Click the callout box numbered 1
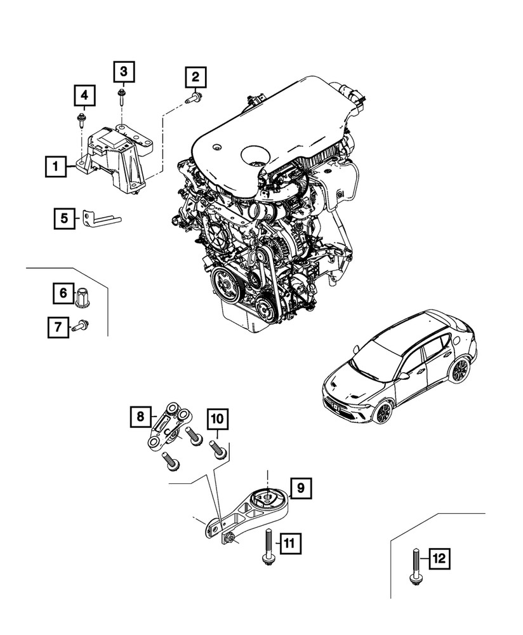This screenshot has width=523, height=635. coord(56,167)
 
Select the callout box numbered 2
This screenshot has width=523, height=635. coord(195,78)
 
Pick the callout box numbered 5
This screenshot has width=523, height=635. coord(64,219)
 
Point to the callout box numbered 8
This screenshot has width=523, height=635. coord(140,417)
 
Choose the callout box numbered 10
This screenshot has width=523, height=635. coord(216,419)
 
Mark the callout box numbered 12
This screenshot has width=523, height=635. coord(439,559)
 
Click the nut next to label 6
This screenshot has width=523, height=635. coord(82,297)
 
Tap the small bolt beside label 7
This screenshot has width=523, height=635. coord(81,326)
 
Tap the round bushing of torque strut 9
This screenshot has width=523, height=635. coord(267,499)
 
